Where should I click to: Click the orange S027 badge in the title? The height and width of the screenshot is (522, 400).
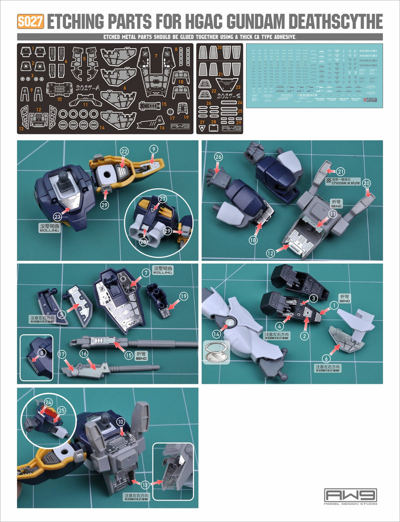31,22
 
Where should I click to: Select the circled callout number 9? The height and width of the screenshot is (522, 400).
153,149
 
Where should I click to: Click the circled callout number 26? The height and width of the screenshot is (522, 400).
218,157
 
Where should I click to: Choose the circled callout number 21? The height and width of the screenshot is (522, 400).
340,171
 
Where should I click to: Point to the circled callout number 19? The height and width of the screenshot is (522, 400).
183,296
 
